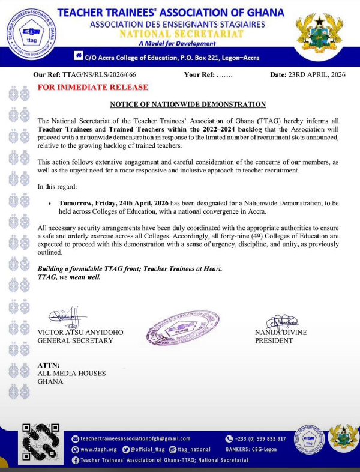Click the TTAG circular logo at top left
[x=31, y=31]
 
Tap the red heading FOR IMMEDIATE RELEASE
[x=92, y=88]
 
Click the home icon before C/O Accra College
[x=78, y=56]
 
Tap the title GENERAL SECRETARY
[x=75, y=340]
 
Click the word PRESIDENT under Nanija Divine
[x=274, y=340]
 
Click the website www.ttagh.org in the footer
[x=97, y=449]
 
